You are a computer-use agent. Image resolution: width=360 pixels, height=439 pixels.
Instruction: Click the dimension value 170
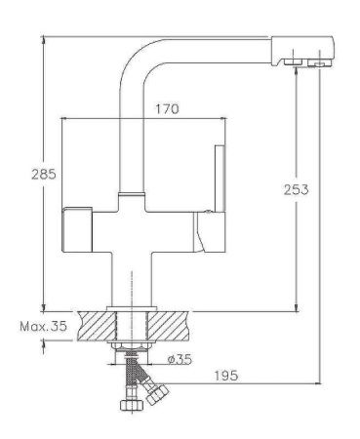(x=166, y=109)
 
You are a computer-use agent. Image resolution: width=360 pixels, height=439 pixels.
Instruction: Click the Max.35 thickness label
(x=43, y=328)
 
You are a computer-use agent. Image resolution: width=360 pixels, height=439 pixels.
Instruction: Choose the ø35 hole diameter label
(x=179, y=359)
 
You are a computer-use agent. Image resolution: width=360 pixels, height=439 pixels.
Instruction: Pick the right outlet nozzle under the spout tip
(x=314, y=64)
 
